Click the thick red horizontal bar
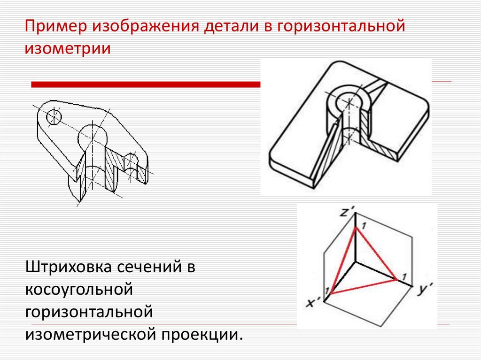pyautogui.click(x=146, y=84)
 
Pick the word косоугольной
pyautogui.click(x=78, y=289)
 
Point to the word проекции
pyautogui.click(x=203, y=334)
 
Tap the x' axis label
pyautogui.click(x=314, y=303)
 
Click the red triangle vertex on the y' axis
pyautogui.click(x=398, y=280)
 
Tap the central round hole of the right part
pyautogui.click(x=349, y=100)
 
